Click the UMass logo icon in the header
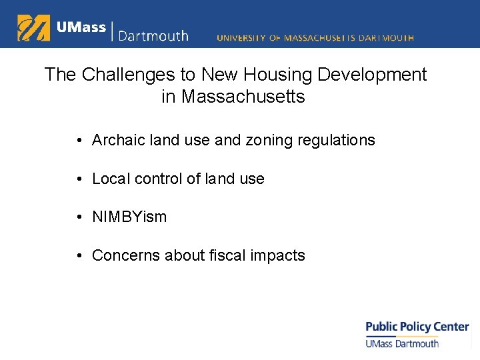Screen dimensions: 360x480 pos(33,28)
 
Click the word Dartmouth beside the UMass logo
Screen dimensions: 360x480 pos(153,35)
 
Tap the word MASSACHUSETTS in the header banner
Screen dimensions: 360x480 pos(320,38)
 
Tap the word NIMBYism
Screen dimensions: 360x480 pos(129,217)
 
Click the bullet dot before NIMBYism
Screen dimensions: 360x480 pos(79,217)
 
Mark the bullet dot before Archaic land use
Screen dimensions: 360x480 pos(79,141)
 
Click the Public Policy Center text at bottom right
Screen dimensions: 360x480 pos(417,327)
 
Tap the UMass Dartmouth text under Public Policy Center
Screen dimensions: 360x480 pos(402,343)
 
